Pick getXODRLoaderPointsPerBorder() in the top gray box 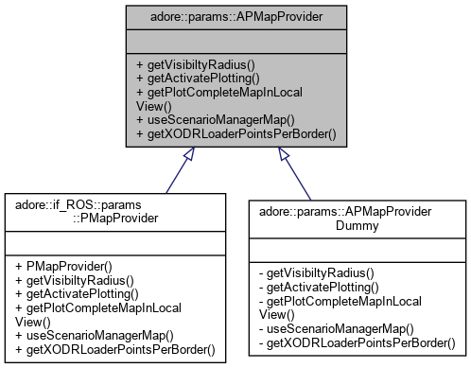[233, 134]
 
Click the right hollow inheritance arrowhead [283, 156]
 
